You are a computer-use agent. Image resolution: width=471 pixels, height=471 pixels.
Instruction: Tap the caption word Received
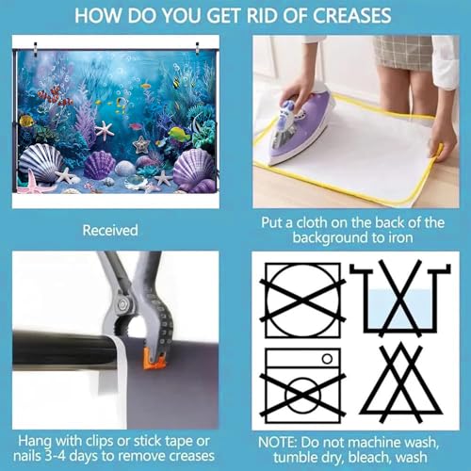110,230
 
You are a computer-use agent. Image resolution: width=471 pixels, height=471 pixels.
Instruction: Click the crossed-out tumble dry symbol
302,300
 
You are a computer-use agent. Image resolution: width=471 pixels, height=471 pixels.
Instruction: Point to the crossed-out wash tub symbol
400,299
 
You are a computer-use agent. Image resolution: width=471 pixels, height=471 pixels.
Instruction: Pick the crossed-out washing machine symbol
303,386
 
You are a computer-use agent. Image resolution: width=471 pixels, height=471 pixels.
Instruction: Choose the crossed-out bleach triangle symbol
400,383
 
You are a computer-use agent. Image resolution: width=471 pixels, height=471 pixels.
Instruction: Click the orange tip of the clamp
155,361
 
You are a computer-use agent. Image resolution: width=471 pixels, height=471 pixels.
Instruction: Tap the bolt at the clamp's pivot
122,303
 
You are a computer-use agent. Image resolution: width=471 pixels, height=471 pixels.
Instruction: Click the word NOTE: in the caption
277,443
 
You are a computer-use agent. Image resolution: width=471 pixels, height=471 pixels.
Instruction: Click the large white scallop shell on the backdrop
41,162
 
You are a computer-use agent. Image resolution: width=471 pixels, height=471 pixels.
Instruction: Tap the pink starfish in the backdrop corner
32,184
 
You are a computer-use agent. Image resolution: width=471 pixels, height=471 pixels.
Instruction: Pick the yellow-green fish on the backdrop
180,134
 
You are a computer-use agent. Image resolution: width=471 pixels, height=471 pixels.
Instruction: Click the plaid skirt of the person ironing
404,52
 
